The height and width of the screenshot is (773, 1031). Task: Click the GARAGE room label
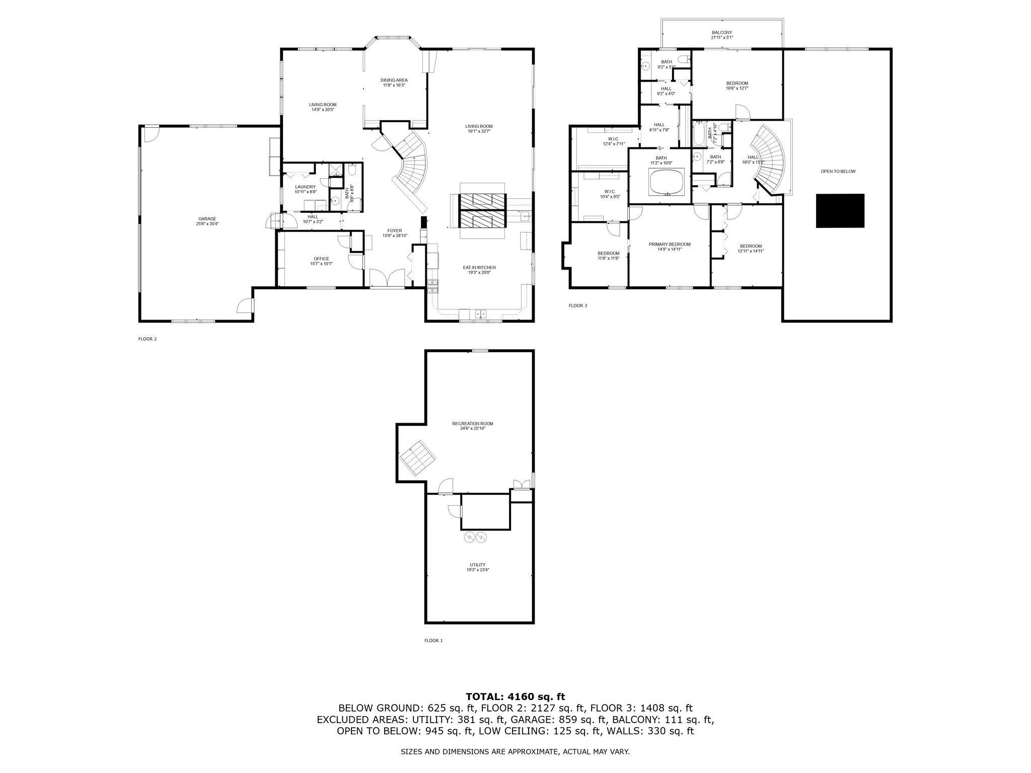coord(207,219)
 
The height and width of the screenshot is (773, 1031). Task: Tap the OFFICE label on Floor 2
coord(321,259)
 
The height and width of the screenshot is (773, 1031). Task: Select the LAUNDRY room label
coord(305,187)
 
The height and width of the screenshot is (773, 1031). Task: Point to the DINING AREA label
coord(394,80)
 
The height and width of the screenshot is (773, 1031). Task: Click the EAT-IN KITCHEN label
coord(479,268)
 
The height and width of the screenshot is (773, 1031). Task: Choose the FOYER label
coord(395,230)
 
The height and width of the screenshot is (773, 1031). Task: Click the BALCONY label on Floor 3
coord(722,32)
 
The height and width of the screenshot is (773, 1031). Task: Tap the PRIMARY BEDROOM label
coord(669,244)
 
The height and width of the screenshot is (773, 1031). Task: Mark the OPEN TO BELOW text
coord(838,172)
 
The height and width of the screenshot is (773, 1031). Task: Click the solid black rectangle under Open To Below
coord(840,211)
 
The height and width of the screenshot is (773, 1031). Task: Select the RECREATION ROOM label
coord(472,424)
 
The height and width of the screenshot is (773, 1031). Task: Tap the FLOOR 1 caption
coord(433,641)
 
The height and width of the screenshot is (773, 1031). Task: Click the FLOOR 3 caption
coord(577,305)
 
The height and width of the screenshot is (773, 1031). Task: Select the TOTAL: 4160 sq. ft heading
coord(515,697)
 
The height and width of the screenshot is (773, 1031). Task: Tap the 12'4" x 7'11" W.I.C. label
coord(613,143)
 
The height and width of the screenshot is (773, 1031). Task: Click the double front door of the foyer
coord(387,278)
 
